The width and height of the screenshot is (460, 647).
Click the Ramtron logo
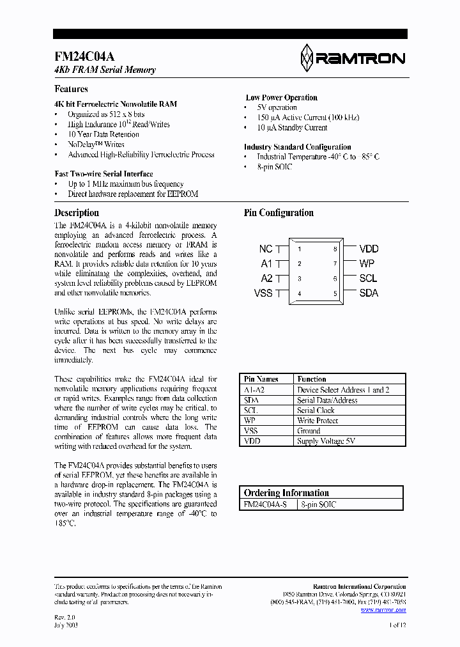pos(352,59)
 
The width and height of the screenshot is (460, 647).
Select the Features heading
pos(72,90)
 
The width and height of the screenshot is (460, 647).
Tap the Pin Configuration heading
pos(279,213)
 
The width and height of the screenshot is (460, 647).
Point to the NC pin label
pos(266,249)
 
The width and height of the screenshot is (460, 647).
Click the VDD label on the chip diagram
pos(369,249)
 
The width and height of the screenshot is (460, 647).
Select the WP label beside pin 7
pos(367,263)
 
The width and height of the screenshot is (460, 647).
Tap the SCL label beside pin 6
pos(368,278)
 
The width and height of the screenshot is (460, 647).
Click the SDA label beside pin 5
pos(369,293)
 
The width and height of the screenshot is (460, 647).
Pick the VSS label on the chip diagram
pos(263,293)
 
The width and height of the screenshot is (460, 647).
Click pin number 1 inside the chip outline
pos(300,249)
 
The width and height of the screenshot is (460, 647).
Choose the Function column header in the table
pos(312,379)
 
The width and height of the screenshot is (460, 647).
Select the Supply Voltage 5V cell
pos(326,441)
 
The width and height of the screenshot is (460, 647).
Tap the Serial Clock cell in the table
pos(316,410)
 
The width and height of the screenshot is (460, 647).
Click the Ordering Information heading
pos(286,493)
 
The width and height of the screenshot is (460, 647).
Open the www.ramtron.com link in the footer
pos(383,610)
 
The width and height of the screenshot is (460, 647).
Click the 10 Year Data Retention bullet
pos(103,134)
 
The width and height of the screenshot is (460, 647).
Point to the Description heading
pos(77,213)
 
